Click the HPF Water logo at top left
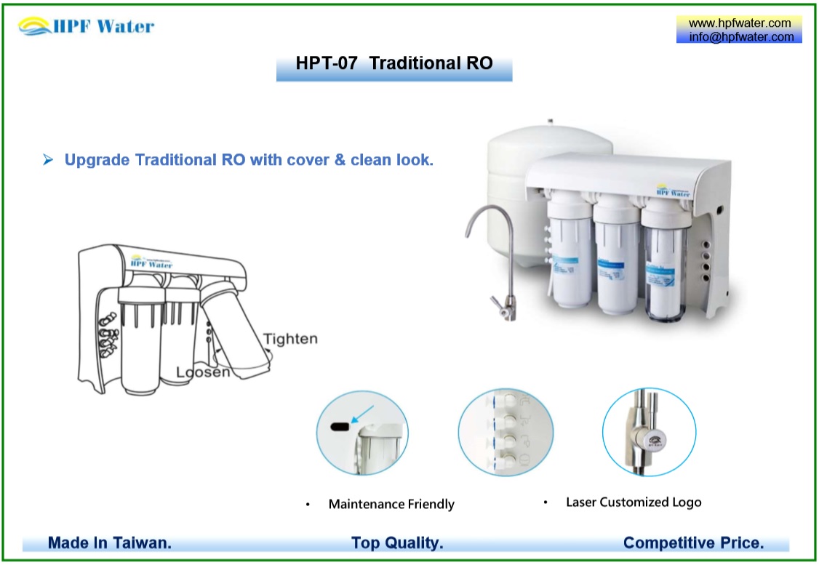pos(86,27)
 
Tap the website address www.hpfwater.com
pos(739,23)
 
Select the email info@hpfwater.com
pos(739,37)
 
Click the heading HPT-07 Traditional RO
pos(394,63)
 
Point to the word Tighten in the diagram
pos(290,340)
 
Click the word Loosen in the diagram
pos(204,372)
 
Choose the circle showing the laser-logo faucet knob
pos(649,432)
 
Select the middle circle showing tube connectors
pos(506,432)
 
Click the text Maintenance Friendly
pos(391,504)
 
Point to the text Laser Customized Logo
pos(634,502)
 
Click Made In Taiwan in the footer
pos(110,543)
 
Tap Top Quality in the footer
pos(397,543)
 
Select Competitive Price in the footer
pos(693,543)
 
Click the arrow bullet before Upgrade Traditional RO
pos(48,160)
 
